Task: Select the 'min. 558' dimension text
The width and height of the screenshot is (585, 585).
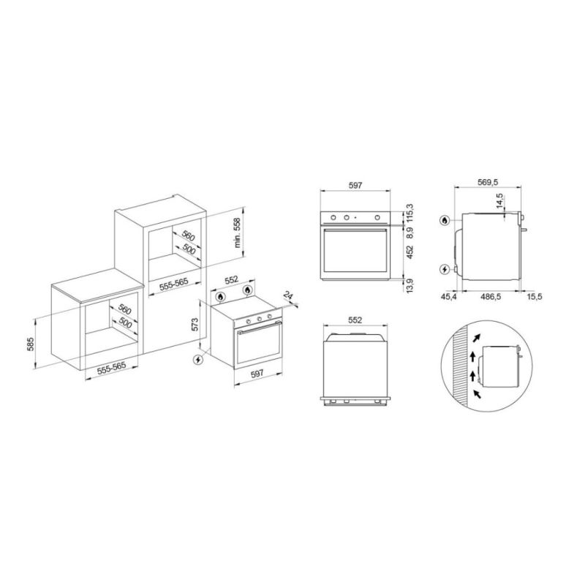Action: click(238, 233)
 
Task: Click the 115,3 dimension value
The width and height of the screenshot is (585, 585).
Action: click(410, 212)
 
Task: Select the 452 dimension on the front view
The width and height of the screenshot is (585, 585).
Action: click(410, 253)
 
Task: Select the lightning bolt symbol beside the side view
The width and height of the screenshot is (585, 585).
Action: click(445, 270)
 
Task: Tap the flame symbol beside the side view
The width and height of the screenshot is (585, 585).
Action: click(445, 219)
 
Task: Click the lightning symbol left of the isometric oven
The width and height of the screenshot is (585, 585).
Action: click(196, 360)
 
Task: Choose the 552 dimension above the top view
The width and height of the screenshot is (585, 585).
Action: click(356, 320)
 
